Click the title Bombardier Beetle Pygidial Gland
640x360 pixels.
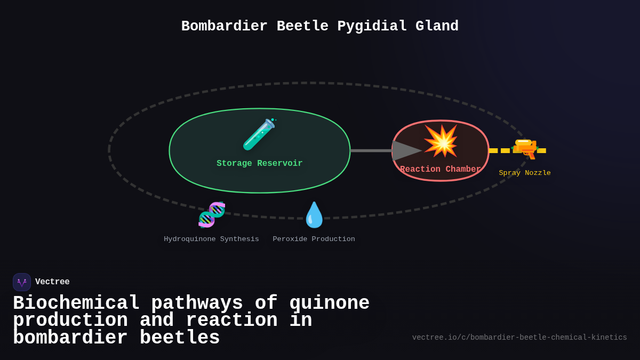tap(320, 26)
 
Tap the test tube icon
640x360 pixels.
tap(259, 134)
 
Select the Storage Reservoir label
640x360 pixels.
tap(259, 164)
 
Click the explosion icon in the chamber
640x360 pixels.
tap(441, 141)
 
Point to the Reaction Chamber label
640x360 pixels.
tap(441, 170)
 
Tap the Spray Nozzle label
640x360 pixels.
tap(525, 173)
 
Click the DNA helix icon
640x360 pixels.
tap(212, 214)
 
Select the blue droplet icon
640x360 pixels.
tap(314, 215)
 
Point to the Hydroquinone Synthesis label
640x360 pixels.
tap(211, 239)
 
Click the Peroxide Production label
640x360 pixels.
tap(314, 239)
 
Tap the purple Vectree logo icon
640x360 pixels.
tap(22, 282)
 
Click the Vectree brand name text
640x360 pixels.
tap(52, 282)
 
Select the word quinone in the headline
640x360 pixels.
tap(329, 303)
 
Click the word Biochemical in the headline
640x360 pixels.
tap(76, 303)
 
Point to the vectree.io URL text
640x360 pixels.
tap(519, 338)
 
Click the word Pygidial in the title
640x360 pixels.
tap(372, 26)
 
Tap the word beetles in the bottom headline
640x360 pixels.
tap(180, 338)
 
